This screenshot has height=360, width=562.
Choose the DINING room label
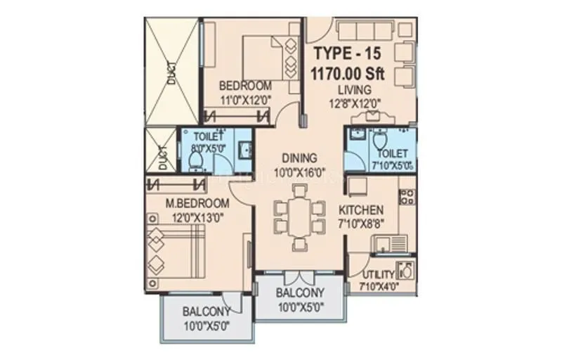tap(299, 158)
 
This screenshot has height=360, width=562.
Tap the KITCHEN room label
tap(361, 210)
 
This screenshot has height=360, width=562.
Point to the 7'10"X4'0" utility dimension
tap(379, 286)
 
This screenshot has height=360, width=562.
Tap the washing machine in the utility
tap(405, 271)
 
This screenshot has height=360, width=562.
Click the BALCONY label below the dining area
tap(299, 293)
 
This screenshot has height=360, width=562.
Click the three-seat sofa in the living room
tap(365, 31)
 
